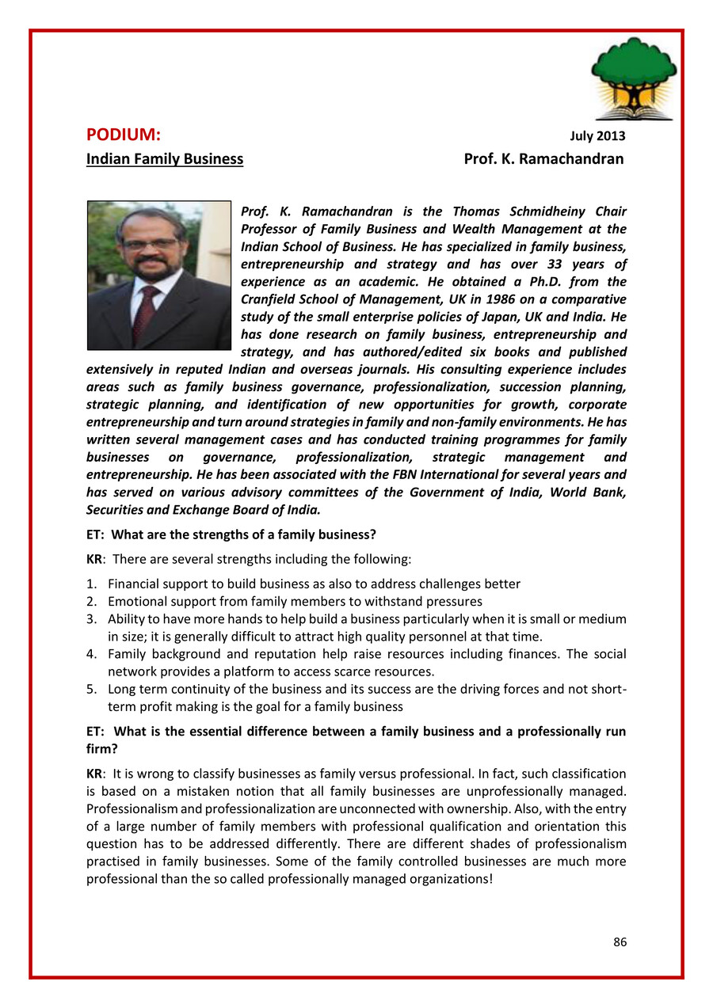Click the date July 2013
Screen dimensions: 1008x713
tap(598, 136)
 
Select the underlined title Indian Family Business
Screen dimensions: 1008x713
tap(165, 159)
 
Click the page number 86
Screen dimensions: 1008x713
tap(620, 942)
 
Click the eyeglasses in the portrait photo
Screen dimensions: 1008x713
tap(151, 245)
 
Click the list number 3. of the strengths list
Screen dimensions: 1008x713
tap(91, 619)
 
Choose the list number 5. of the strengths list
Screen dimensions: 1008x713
tap(91, 689)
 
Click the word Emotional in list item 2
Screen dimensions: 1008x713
tap(137, 602)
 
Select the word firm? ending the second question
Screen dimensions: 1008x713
tap(101, 748)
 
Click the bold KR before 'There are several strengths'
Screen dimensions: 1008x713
tap(94, 560)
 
